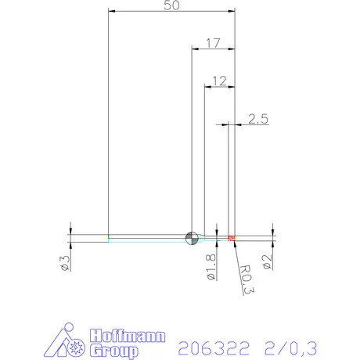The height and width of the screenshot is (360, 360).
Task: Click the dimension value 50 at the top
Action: pyautogui.click(x=171, y=6)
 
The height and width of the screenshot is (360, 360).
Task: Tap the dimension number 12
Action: pyautogui.click(x=219, y=80)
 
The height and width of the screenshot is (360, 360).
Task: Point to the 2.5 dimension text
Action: pyautogui.click(x=258, y=119)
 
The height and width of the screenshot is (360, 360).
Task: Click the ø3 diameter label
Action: pyautogui.click(x=66, y=263)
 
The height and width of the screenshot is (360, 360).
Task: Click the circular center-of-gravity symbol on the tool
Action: pyautogui.click(x=190, y=238)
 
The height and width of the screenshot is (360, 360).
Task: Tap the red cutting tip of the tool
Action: pyautogui.click(x=232, y=237)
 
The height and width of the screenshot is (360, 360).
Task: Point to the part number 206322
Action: pyautogui.click(x=214, y=345)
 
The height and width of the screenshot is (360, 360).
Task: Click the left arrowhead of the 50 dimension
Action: pyautogui.click(x=111, y=12)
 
